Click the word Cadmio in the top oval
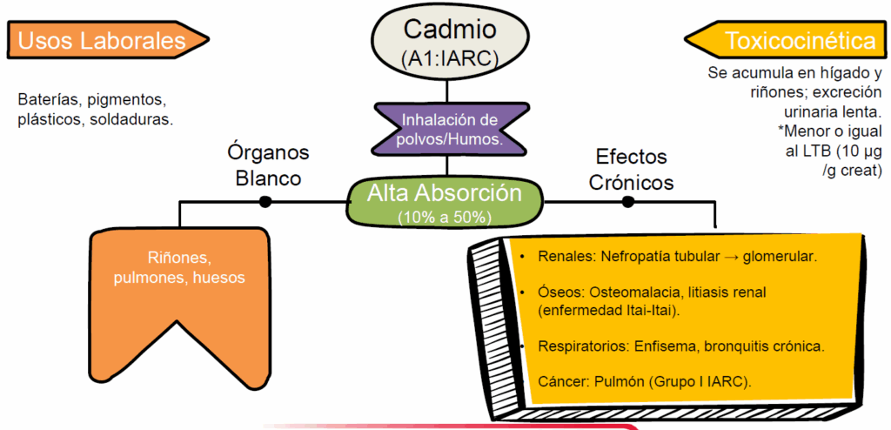(448, 29)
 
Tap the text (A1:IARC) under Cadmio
(448, 58)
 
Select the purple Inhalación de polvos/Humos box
(448, 129)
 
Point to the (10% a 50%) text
(445, 216)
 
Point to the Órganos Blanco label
(267, 165)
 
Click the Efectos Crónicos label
(631, 170)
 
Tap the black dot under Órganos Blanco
(265, 202)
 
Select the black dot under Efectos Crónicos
(627, 202)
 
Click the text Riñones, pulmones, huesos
(180, 268)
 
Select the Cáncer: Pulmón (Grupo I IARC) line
(645, 381)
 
